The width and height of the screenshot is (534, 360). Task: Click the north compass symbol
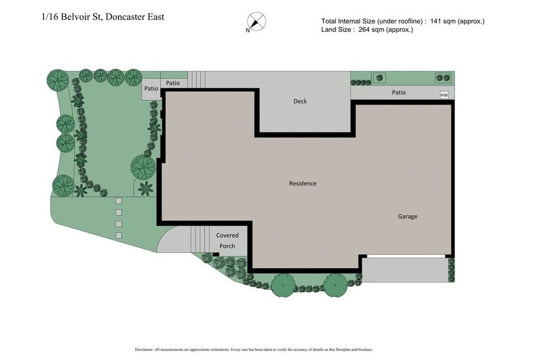[x=257, y=22]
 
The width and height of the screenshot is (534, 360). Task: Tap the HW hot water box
[x=445, y=96]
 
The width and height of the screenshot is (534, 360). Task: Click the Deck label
[x=300, y=101]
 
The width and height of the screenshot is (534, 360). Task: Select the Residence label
[x=303, y=183]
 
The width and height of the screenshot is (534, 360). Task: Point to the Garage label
[x=407, y=216]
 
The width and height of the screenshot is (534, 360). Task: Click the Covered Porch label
[x=227, y=241]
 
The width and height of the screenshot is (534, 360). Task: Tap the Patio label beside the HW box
[x=399, y=92]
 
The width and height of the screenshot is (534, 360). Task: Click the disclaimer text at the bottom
[x=254, y=349]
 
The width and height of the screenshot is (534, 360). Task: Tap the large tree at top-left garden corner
[x=57, y=80]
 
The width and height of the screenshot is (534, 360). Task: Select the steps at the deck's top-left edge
[x=196, y=79]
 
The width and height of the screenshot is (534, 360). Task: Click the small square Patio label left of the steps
[x=151, y=88]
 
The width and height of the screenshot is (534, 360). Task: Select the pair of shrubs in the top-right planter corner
[x=442, y=78]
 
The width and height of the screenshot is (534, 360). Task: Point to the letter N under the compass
[x=248, y=31]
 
